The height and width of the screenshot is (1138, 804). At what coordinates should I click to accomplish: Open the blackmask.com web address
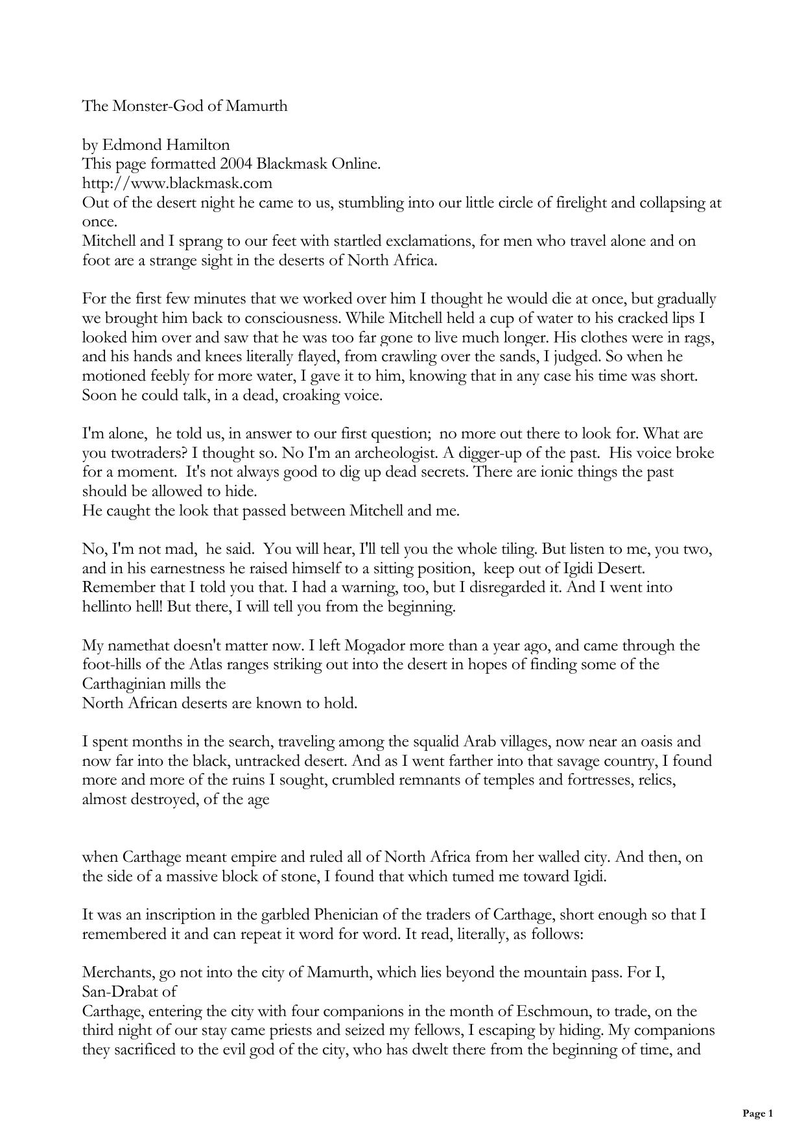click(x=177, y=183)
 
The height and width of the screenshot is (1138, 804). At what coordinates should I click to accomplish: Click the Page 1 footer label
click(x=757, y=1114)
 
